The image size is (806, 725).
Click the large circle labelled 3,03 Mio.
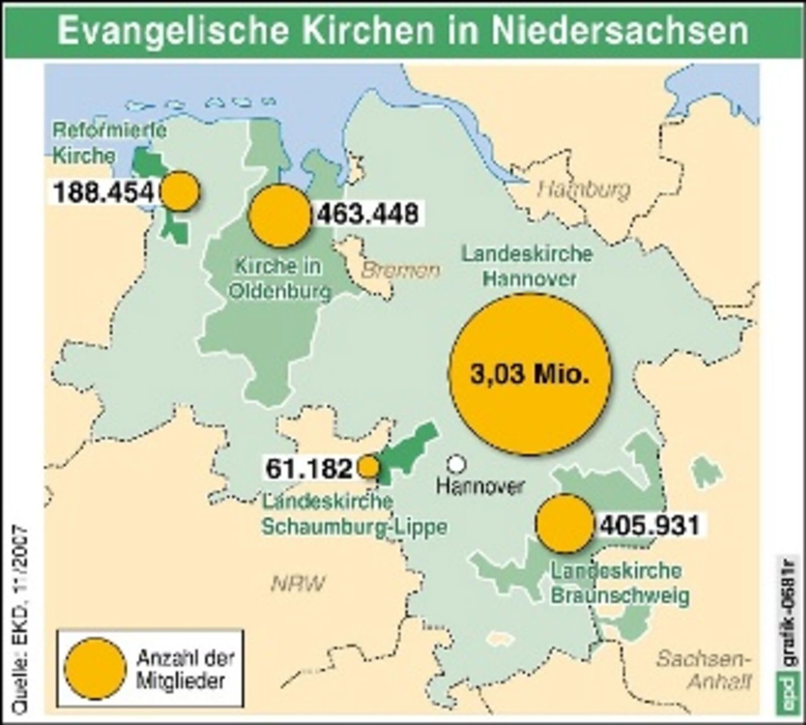(529, 374)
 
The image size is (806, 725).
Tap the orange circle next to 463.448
(280, 215)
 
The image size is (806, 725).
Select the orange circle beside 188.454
(179, 190)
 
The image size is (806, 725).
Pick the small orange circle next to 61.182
(368, 467)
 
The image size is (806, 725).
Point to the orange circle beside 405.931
(564, 524)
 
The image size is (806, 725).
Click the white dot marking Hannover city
(456, 464)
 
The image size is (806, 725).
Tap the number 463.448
(368, 214)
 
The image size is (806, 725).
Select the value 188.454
(103, 192)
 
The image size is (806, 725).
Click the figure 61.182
(309, 469)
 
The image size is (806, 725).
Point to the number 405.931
(650, 525)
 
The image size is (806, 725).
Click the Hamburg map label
(584, 190)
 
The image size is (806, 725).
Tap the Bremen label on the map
(400, 271)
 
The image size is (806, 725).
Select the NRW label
(298, 583)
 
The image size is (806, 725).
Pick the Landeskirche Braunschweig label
(620, 583)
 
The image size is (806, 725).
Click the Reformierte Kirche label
(109, 143)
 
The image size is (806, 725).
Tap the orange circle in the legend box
(95, 669)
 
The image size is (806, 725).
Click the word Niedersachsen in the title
(620, 31)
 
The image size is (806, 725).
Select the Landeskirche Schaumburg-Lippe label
(354, 514)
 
